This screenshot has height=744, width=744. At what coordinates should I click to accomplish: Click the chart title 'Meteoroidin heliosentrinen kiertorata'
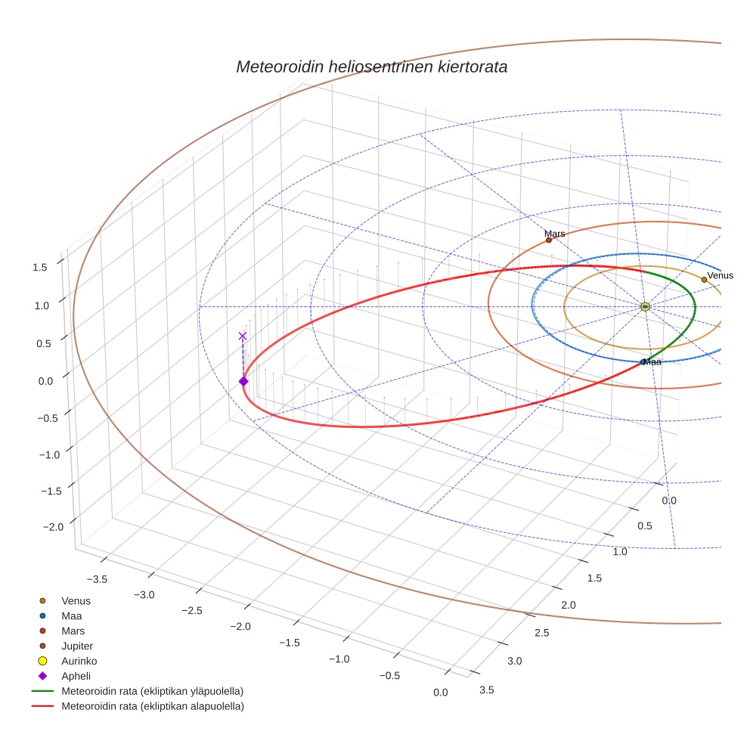(x=371, y=67)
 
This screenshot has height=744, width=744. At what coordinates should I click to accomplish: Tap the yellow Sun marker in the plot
(x=644, y=306)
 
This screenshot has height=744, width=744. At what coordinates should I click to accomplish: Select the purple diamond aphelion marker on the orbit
(x=243, y=381)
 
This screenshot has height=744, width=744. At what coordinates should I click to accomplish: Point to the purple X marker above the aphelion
(x=243, y=336)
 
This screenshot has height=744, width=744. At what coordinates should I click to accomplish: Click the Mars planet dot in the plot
(x=549, y=240)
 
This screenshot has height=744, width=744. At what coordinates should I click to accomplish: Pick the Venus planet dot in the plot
(x=704, y=279)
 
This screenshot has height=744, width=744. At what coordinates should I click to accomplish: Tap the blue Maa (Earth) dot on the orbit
(x=643, y=362)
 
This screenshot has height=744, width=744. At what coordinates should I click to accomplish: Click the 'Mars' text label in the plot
(x=555, y=234)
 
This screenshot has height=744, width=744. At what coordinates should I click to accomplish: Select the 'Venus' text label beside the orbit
(x=720, y=275)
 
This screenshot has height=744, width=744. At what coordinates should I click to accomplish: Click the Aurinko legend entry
(x=77, y=661)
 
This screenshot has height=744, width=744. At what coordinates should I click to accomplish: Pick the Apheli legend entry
(x=75, y=676)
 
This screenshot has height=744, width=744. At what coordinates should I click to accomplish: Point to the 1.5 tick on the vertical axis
(x=40, y=267)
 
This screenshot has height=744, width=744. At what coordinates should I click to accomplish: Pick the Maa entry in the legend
(x=72, y=615)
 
